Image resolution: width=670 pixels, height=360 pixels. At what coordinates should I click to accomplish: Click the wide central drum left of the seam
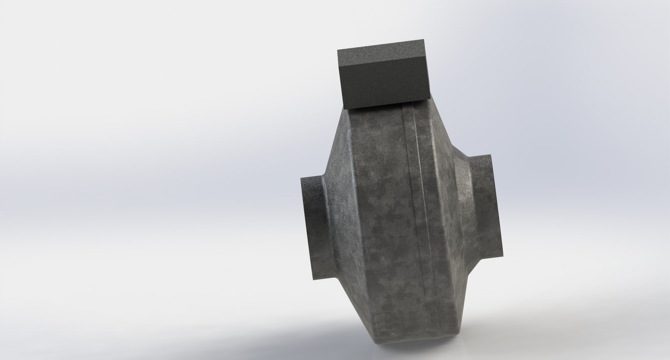(x=380, y=227)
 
